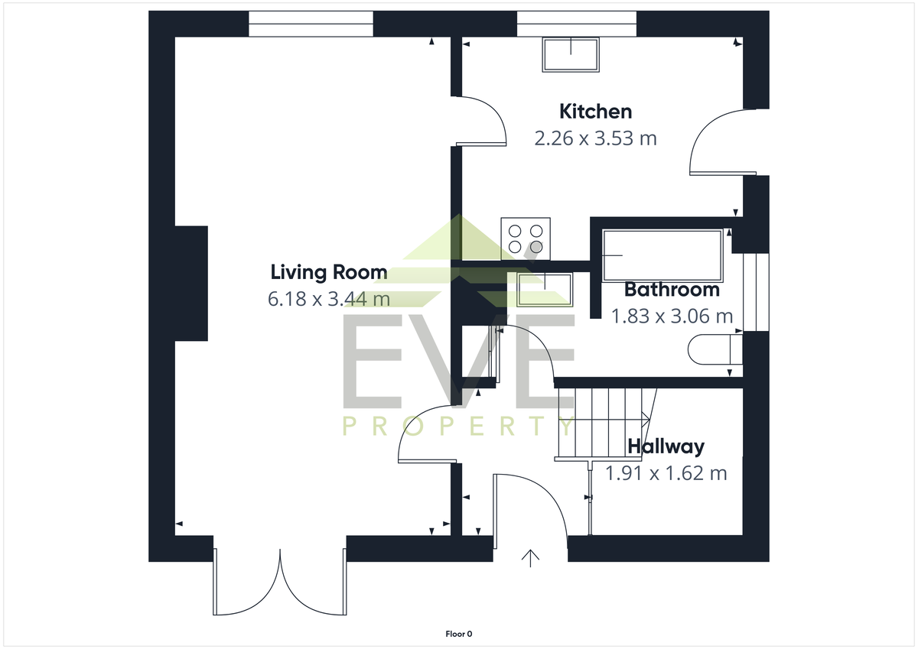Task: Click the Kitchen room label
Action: [x=595, y=112]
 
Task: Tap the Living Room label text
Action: [x=329, y=272]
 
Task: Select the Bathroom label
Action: [x=672, y=290]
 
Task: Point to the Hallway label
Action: [x=666, y=446]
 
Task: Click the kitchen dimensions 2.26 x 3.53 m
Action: [x=595, y=138]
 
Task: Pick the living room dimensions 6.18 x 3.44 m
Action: [x=329, y=299]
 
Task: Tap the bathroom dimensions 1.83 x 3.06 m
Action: [x=672, y=316]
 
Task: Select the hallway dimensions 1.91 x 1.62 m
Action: [x=666, y=473]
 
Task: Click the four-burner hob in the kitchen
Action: [x=526, y=239]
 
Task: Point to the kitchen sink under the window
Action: [x=571, y=55]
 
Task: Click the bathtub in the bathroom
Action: [x=662, y=255]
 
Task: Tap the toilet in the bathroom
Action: [x=715, y=349]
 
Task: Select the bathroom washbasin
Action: [x=545, y=290]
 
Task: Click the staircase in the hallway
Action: [x=606, y=424]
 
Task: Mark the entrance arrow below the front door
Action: [x=530, y=559]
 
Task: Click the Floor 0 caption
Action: [x=458, y=634]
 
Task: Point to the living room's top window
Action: [x=311, y=24]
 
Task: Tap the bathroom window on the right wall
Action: [x=756, y=292]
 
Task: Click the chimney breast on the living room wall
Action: [x=191, y=284]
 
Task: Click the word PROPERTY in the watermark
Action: [x=458, y=426]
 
